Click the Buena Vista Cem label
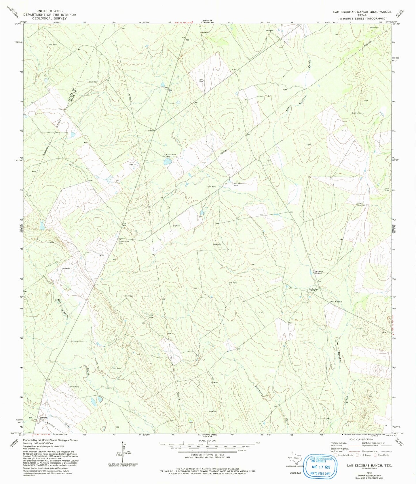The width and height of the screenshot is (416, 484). pos(171,156)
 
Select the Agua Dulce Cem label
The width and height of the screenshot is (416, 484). pos(123,242)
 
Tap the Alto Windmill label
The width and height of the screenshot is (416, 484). pos(336,302)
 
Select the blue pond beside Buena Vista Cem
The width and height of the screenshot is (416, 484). pos(167,162)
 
